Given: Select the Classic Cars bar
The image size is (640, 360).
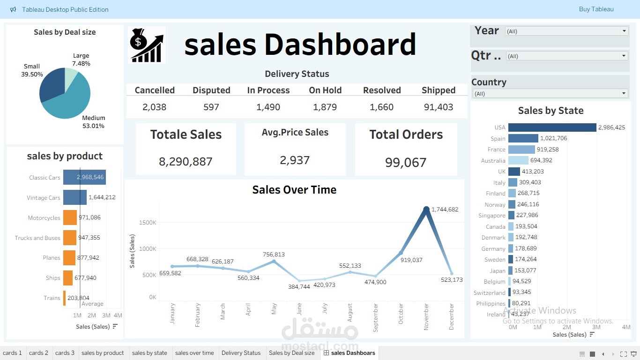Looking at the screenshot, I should [x=84, y=177].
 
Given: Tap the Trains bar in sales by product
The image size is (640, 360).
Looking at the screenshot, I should [x=65, y=298].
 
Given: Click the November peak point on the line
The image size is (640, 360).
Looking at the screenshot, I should [x=426, y=210].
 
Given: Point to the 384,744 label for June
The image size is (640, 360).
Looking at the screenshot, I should [x=298, y=286].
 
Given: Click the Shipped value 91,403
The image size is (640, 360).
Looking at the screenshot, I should [x=438, y=107].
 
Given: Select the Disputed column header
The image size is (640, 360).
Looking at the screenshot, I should [x=211, y=90].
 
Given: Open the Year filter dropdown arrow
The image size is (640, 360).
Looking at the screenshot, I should [x=624, y=31].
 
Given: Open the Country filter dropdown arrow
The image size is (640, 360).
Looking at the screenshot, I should [x=624, y=93].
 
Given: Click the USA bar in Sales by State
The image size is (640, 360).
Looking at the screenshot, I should [x=552, y=127].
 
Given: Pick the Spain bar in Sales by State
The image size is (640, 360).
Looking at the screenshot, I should [x=523, y=138].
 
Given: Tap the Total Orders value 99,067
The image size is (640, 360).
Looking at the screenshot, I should [x=406, y=163].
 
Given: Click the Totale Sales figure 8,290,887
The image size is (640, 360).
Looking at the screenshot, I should [x=186, y=162].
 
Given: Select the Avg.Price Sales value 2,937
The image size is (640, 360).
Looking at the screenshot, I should [x=295, y=160].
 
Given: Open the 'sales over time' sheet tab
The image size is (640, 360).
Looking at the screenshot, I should [x=194, y=353].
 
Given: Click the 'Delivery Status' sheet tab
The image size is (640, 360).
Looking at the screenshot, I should [x=241, y=353].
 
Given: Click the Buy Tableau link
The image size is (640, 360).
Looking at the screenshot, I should [x=596, y=9].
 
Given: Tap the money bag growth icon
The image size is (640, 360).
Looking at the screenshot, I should [x=147, y=45].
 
